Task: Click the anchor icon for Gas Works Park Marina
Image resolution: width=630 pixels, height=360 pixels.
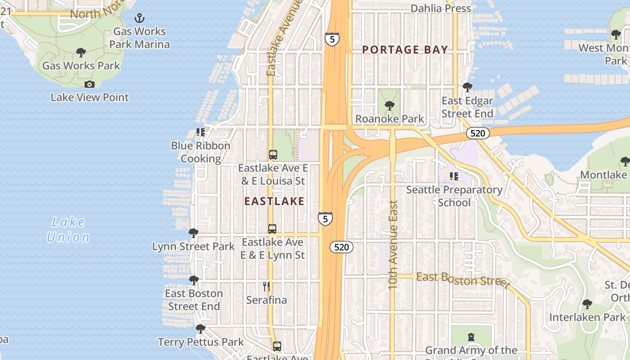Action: coord(139,18)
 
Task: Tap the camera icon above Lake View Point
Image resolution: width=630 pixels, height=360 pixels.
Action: coord(90,85)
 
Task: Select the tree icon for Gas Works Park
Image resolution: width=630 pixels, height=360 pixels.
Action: coord(81,53)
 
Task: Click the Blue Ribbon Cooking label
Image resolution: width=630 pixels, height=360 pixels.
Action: coord(201,152)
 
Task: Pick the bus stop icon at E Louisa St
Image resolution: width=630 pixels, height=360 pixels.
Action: coord(273,155)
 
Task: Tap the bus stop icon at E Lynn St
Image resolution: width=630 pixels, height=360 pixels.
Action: coord(272,229)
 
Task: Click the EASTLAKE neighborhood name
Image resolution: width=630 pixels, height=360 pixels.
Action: coord(274,202)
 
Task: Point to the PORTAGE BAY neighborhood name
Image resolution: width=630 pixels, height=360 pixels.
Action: coord(405,50)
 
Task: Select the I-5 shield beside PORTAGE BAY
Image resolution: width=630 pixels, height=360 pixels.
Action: coord(332,39)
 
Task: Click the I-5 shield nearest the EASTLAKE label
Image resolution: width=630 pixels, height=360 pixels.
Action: coord(325,219)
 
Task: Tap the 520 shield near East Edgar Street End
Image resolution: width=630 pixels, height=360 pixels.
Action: coord(477,133)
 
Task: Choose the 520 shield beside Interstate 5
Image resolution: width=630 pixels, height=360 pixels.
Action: coord(342,247)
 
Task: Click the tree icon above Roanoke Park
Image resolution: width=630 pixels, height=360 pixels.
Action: coord(390,106)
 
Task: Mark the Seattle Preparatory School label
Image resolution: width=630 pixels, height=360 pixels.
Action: coord(454,196)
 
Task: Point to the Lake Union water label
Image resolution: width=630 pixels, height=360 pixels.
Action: coord(68,229)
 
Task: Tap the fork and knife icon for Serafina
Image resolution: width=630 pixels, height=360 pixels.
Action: coord(266,286)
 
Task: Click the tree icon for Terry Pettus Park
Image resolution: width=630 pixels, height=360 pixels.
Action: coord(201,329)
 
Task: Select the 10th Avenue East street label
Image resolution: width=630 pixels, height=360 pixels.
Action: coord(393,244)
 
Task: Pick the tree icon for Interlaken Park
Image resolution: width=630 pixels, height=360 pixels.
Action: coord(587,304)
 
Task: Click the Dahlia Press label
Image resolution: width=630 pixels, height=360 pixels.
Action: coord(441,8)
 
